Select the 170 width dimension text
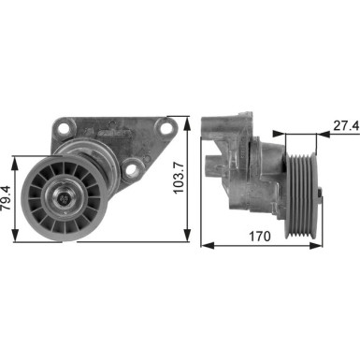(x=261, y=237)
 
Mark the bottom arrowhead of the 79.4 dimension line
(x=21, y=238)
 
